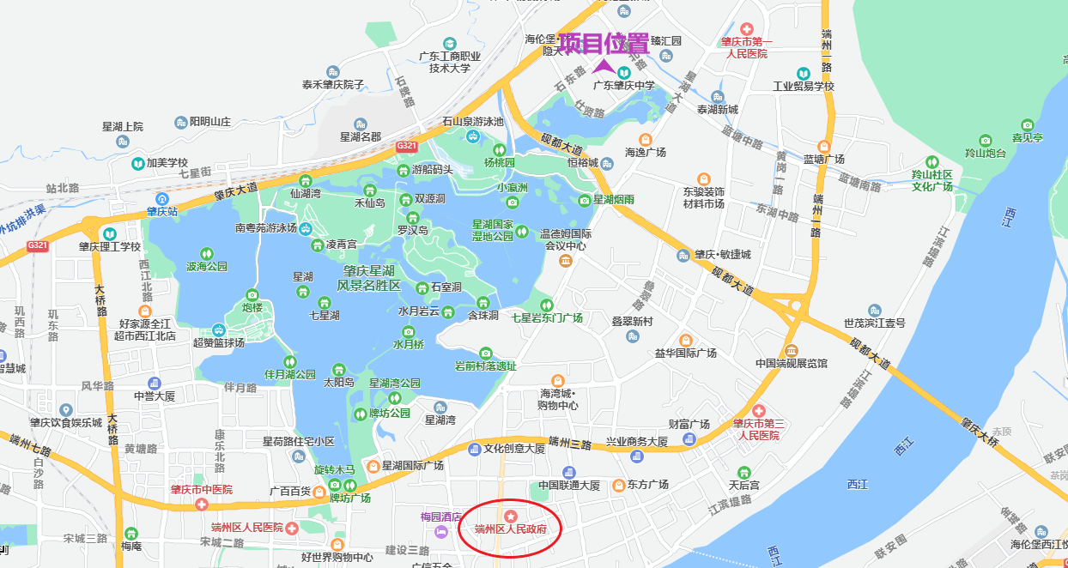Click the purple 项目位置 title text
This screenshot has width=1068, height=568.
(x=604, y=43)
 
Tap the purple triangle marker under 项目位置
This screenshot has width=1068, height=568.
(x=604, y=65)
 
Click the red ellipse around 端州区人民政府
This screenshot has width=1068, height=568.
(x=510, y=528)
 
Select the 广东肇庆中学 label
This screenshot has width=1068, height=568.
(x=624, y=85)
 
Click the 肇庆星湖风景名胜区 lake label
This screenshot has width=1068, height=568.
(x=368, y=277)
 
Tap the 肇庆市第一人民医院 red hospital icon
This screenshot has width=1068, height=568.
(x=745, y=29)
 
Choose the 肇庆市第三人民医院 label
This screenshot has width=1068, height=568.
(x=755, y=429)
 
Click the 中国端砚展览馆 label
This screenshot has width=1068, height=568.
(x=791, y=363)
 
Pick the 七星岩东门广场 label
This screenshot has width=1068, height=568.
(x=547, y=317)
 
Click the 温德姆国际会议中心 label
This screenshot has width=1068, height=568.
(x=566, y=239)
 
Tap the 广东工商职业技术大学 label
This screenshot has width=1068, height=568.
(x=449, y=61)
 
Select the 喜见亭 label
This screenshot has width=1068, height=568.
(x=1027, y=136)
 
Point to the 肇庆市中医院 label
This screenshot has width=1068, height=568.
(x=201, y=490)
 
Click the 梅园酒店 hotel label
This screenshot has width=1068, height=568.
(x=441, y=517)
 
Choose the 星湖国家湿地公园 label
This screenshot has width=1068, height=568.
(x=492, y=229)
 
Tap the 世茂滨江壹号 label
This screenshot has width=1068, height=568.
(x=874, y=323)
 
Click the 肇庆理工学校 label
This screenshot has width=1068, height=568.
(x=109, y=246)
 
